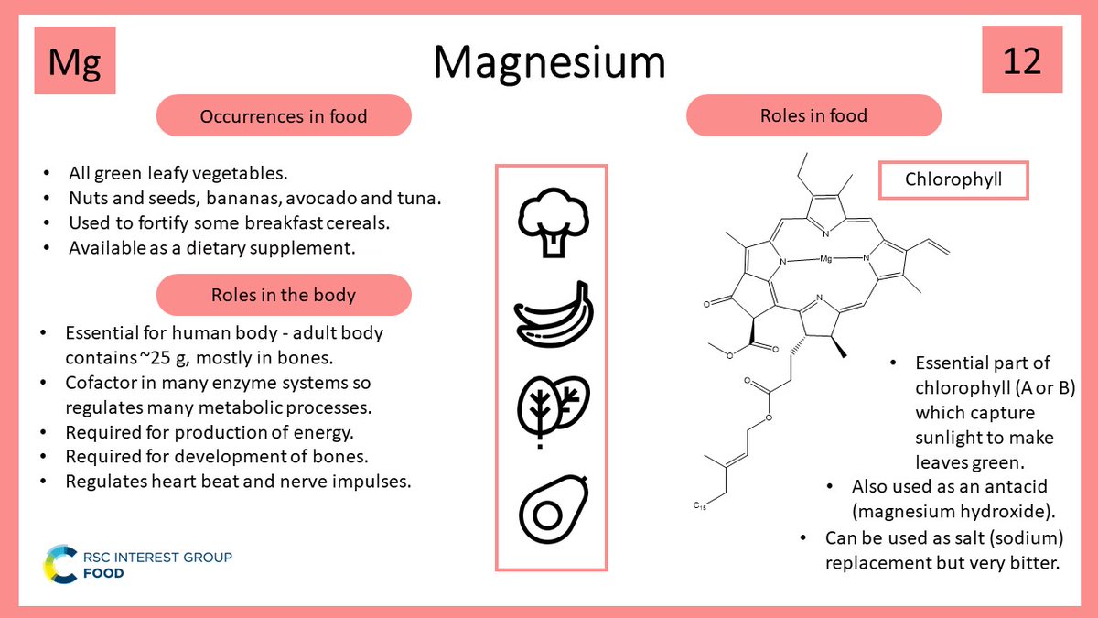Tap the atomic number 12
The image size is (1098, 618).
point(1022,61)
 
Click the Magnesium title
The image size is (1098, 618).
point(549,62)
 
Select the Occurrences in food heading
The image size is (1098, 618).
point(284,116)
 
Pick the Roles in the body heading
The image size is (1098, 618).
point(284,295)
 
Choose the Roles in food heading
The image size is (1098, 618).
point(813,115)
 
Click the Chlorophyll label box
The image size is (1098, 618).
point(953,179)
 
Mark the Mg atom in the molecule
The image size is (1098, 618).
point(825,260)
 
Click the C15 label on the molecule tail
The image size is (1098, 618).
point(698,504)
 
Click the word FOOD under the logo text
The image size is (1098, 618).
point(102,573)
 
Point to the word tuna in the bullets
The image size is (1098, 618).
point(427,197)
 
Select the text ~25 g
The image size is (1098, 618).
point(170,356)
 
